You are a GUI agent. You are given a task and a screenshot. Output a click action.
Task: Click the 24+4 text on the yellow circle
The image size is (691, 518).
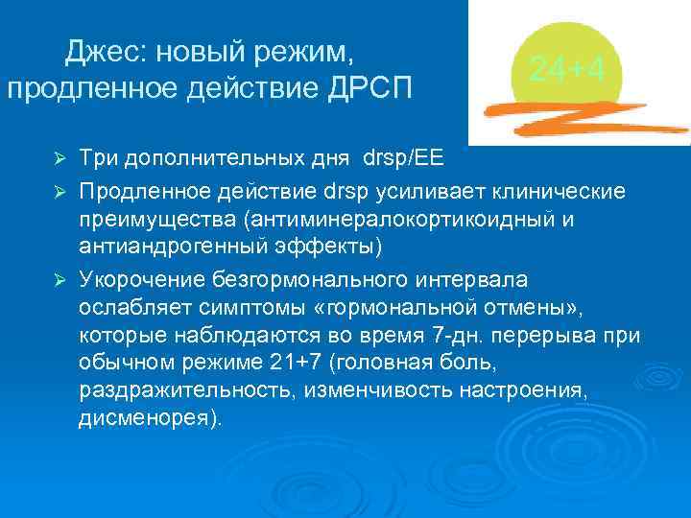565,69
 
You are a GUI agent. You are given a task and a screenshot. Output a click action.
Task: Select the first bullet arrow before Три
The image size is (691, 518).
60,156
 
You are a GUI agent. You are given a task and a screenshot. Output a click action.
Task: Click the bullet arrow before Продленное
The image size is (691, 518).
60,191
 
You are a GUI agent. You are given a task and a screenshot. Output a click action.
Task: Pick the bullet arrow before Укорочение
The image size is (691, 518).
60,280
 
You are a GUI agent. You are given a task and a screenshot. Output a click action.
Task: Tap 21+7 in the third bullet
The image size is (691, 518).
299,365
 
